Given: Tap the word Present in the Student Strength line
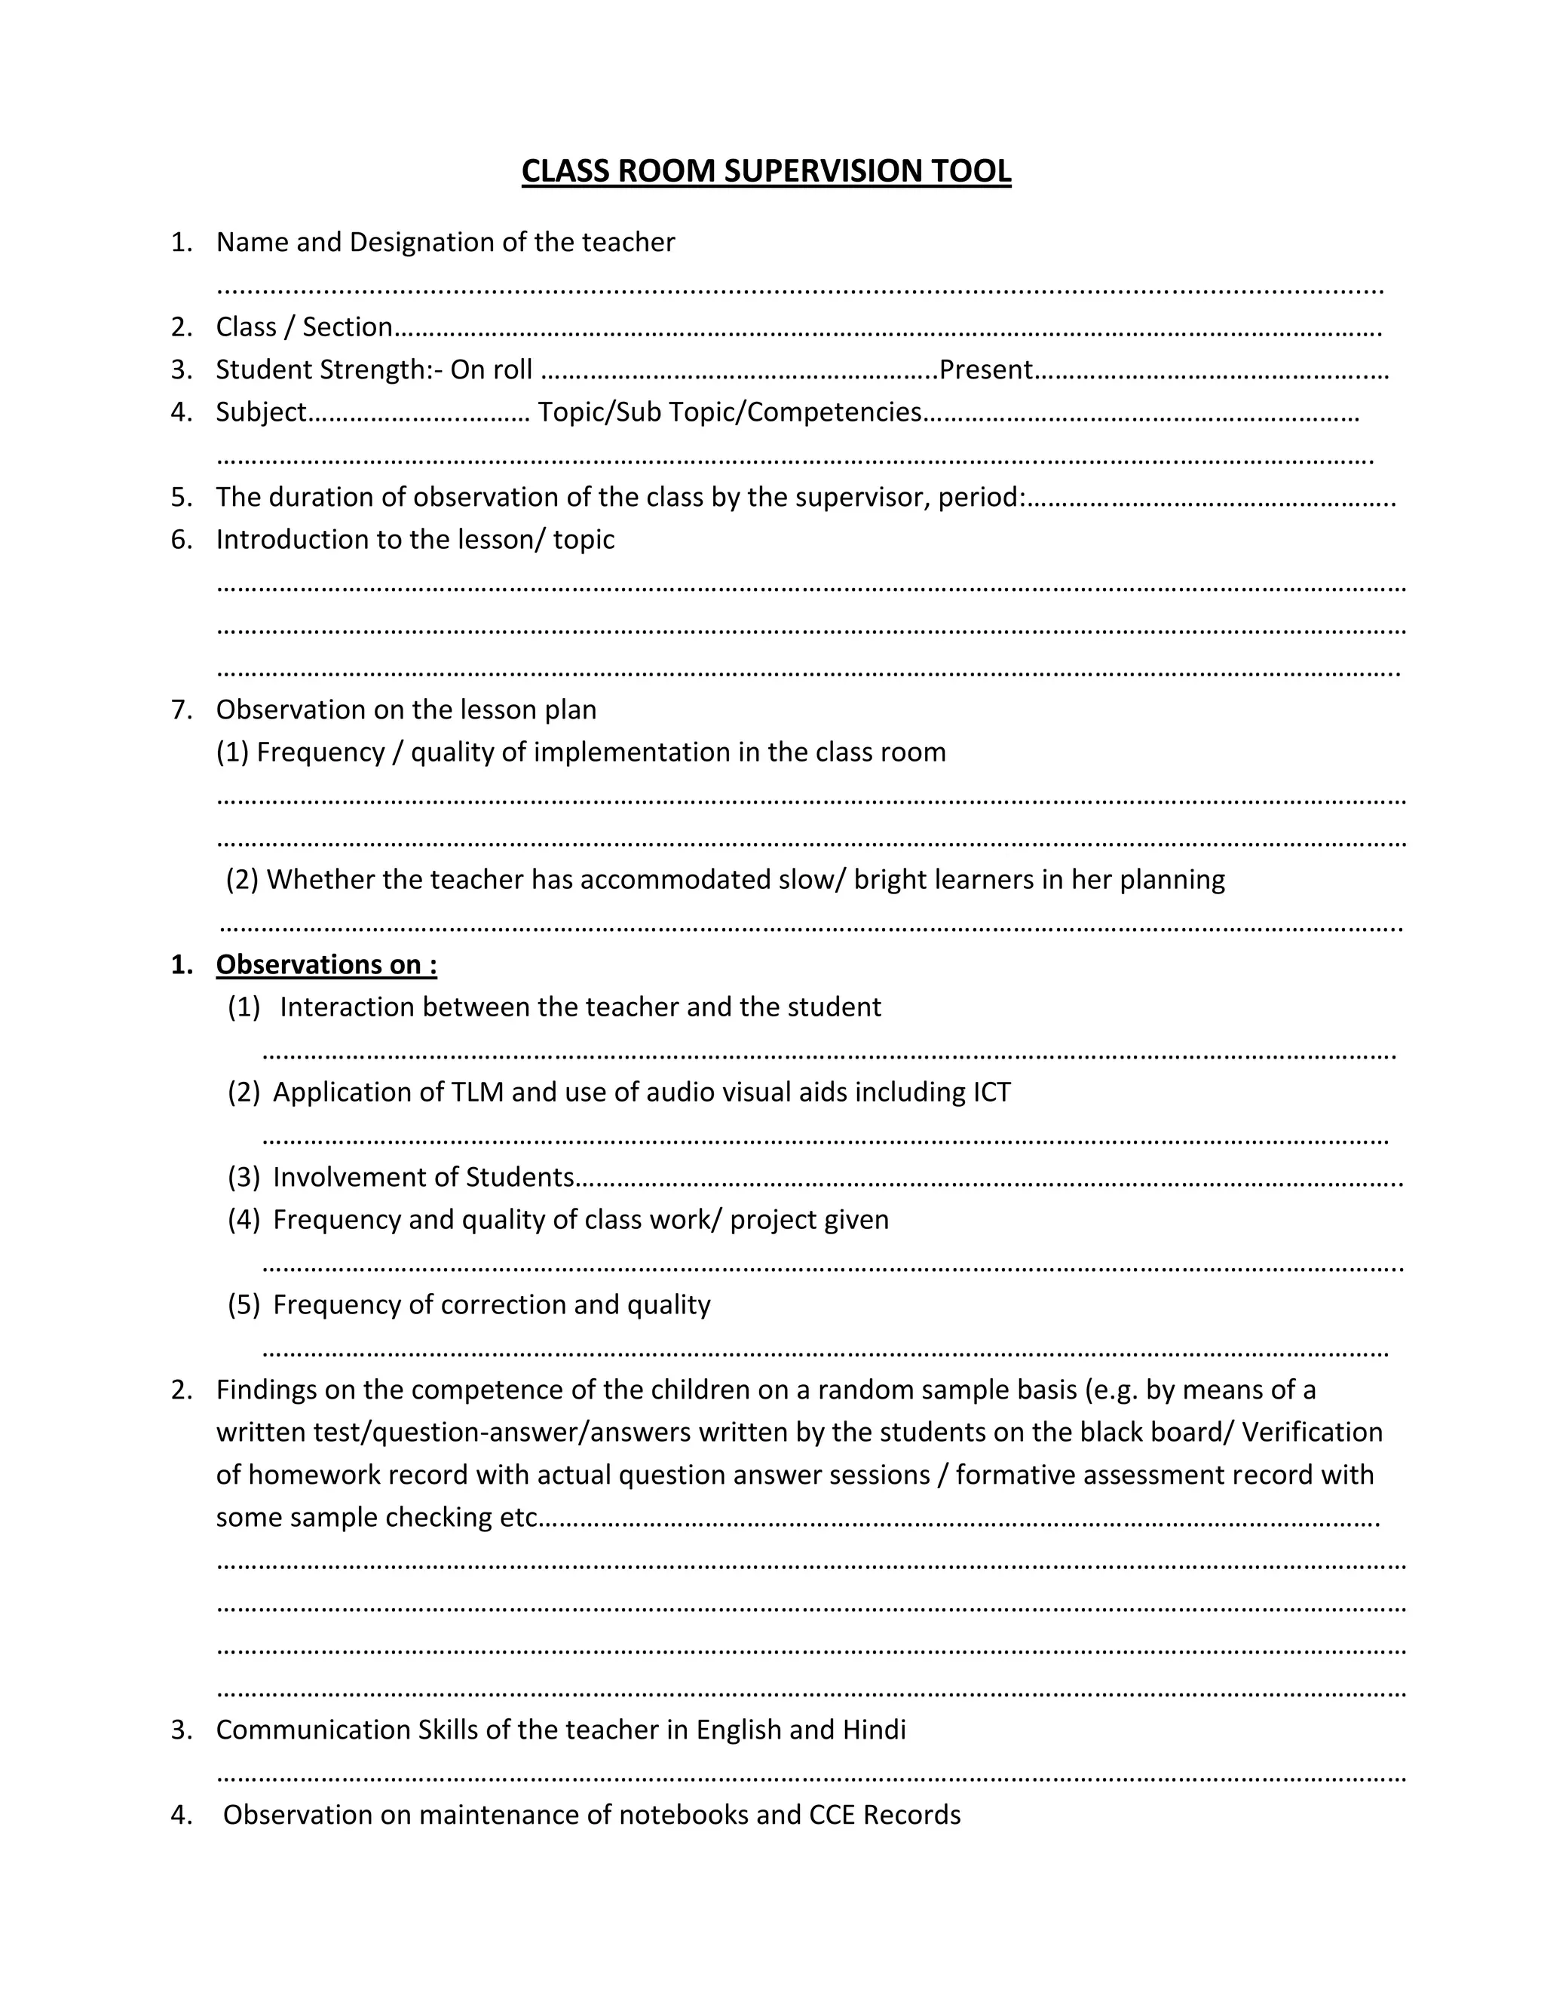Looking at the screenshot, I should (985, 369).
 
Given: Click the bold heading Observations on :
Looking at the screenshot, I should (326, 965).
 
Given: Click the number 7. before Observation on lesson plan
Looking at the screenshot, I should (181, 710).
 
